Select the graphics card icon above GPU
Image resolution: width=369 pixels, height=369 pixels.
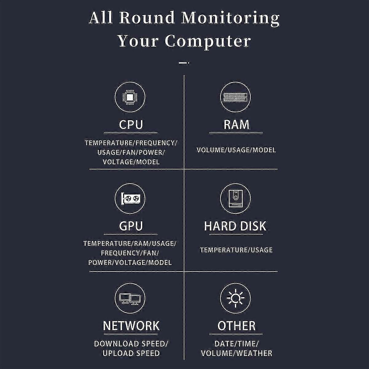(x=130, y=199)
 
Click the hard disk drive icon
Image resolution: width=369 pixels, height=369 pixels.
(x=236, y=199)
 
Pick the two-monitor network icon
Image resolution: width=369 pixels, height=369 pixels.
(x=130, y=298)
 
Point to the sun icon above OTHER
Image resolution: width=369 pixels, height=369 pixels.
(x=236, y=298)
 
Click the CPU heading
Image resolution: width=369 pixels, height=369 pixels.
(x=131, y=125)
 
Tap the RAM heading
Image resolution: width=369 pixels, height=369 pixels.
(x=236, y=125)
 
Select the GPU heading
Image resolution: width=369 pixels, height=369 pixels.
(x=131, y=226)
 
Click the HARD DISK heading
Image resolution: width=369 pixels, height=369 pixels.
(x=235, y=226)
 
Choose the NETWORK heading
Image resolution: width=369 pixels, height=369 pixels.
(x=131, y=326)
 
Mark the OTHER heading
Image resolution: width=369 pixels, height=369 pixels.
(x=236, y=326)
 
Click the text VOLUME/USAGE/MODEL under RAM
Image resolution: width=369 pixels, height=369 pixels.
(x=236, y=150)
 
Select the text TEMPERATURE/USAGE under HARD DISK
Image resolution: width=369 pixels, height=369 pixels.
(x=236, y=250)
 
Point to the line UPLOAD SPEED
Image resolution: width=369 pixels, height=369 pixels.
(x=131, y=353)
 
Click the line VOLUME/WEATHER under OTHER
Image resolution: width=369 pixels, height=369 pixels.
(x=236, y=353)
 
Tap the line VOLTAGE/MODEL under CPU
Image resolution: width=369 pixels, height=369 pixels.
(x=131, y=162)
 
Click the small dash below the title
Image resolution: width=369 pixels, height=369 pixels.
(x=184, y=63)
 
